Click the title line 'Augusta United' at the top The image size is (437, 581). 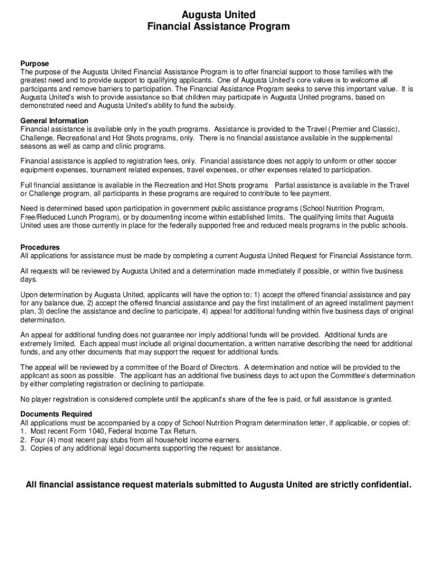tap(218, 14)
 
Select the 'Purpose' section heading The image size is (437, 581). tap(35, 64)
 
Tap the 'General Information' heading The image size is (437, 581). tap(54, 121)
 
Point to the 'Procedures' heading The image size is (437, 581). tap(40, 247)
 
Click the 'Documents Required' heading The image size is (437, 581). tap(56, 414)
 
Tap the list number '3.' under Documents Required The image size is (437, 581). tap(23, 449)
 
